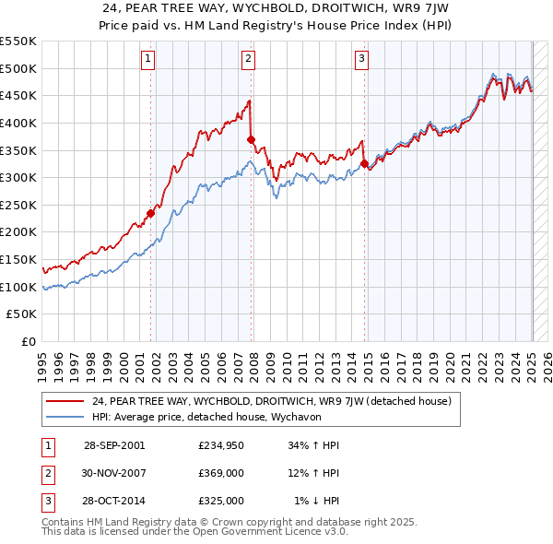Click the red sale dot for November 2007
(251, 139)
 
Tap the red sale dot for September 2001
(150, 213)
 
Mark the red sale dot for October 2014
(364, 163)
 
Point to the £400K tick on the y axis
(18, 123)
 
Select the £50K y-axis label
(22, 314)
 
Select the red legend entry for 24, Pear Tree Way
(271, 401)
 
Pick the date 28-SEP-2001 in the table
(114, 445)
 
